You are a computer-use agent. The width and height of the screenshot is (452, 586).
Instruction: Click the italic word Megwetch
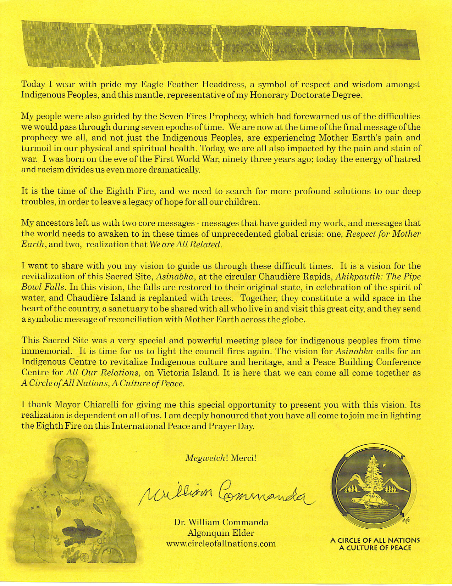click(205, 458)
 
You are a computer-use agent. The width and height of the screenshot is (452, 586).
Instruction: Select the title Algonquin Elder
click(221, 533)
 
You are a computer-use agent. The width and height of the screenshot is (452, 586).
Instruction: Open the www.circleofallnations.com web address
click(221, 543)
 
